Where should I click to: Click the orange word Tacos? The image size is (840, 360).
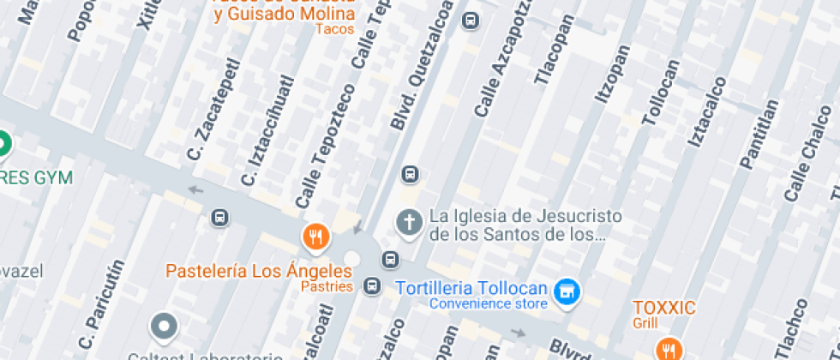click(334, 29)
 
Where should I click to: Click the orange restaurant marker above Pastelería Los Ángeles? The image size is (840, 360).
click(316, 236)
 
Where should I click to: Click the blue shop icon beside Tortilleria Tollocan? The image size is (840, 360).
click(566, 291)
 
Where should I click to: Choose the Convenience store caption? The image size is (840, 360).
click(488, 303)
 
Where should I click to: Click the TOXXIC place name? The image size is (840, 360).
click(664, 308)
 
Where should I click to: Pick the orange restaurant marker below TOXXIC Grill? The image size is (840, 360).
click(669, 348)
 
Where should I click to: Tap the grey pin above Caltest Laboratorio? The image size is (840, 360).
click(163, 327)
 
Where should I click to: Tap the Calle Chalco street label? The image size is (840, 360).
click(807, 154)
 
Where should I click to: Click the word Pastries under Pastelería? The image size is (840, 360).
click(327, 286)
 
